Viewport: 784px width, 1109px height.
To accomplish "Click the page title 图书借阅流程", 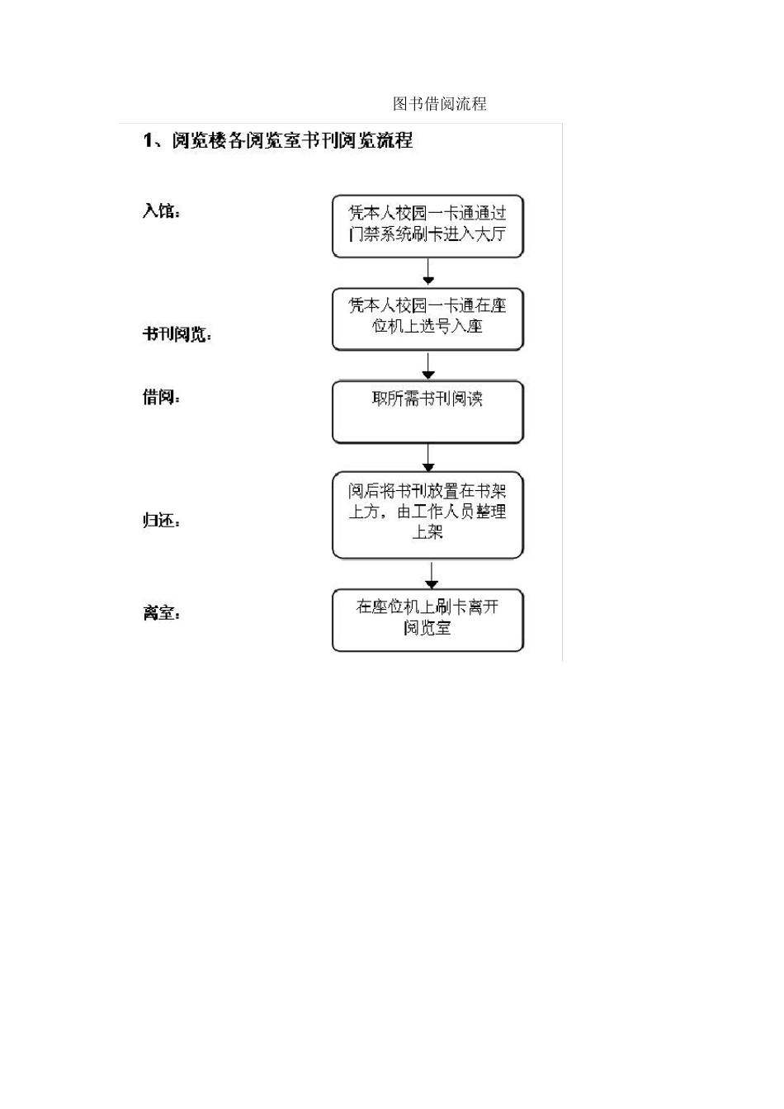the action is coord(439,104).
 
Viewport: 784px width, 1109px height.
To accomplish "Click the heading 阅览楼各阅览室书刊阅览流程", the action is coord(291,141).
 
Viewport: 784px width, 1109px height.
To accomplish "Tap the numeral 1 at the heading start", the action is coord(149,141).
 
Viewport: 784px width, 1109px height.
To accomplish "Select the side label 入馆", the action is coord(160,211).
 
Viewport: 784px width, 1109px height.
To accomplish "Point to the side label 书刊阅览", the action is coord(177,335).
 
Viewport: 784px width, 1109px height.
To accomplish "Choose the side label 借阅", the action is coord(160,398).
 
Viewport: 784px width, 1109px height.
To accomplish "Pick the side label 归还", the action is coord(160,521).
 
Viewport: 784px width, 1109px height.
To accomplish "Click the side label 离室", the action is coord(160,613).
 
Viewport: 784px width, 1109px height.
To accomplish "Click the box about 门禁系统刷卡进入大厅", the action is coord(427,226).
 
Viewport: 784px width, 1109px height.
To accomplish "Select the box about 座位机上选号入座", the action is coord(427,319).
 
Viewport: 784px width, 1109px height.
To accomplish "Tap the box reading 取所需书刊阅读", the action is coord(427,411).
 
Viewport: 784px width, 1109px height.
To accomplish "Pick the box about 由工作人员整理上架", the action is coord(427,514).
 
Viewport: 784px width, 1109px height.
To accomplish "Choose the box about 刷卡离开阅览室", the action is coord(427,620).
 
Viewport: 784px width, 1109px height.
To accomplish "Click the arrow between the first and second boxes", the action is coord(427,272).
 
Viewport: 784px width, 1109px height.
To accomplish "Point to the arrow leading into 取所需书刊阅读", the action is coord(427,366).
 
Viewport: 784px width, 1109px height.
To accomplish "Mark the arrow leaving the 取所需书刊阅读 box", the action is coord(427,457).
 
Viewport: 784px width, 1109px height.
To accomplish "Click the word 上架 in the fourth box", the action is coord(427,533).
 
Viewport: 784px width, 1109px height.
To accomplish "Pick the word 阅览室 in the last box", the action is coord(427,629).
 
